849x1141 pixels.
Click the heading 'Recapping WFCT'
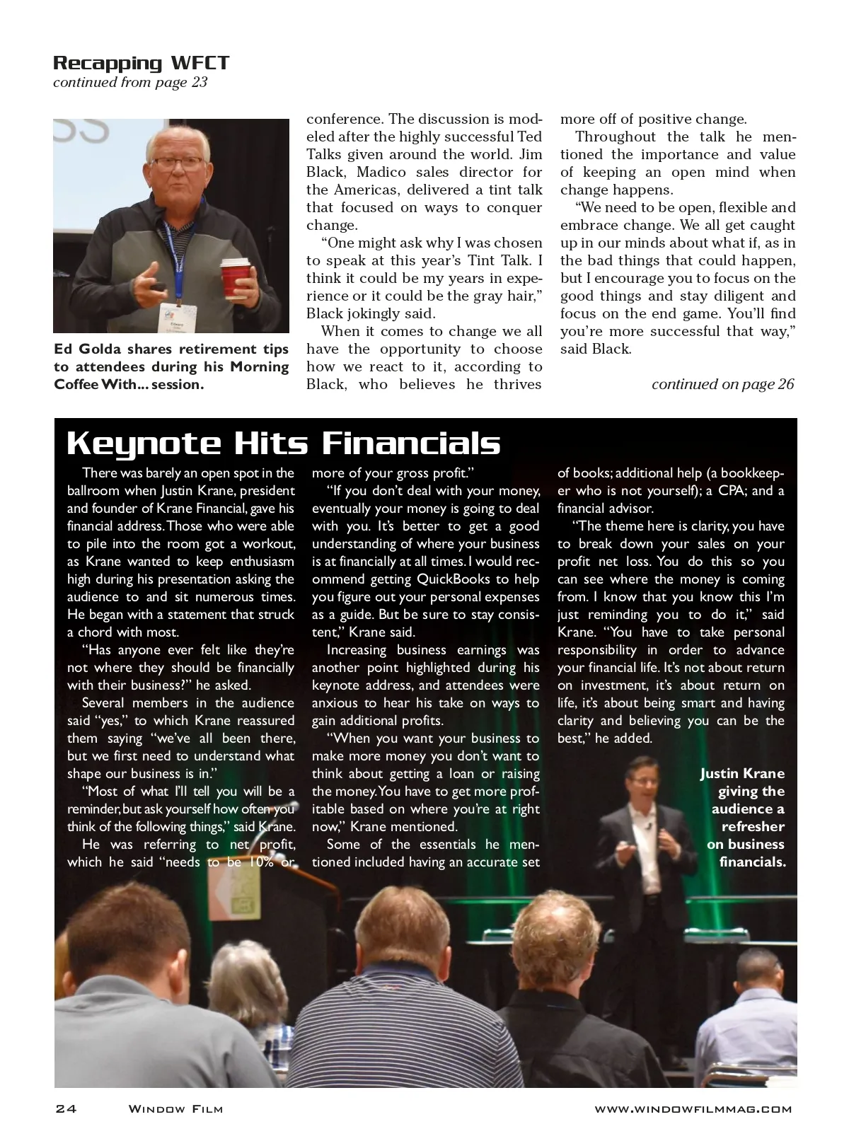click(141, 63)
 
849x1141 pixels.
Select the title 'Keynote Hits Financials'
click(283, 444)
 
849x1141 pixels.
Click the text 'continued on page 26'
click(722, 384)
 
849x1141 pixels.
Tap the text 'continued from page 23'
click(130, 83)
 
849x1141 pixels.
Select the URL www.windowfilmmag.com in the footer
click(693, 1109)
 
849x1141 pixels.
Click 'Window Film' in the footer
click(175, 1109)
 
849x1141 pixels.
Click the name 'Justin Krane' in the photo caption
click(742, 774)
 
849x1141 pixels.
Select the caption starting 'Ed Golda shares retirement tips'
click(171, 366)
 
